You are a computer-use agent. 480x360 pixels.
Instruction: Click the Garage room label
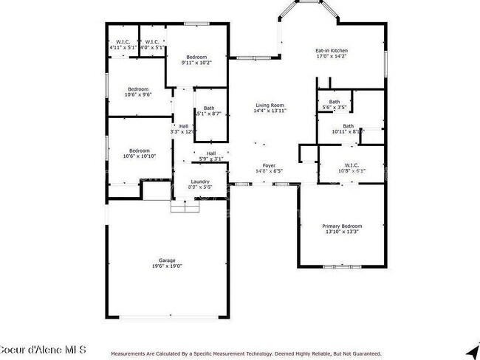point(167,260)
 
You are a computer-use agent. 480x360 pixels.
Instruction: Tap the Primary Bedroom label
point(341,226)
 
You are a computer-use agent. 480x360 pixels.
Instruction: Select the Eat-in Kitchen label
point(331,51)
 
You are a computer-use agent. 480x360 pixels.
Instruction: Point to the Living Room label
point(270,105)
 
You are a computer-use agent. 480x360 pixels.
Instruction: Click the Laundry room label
point(200,181)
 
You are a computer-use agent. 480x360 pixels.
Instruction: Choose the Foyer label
point(269,165)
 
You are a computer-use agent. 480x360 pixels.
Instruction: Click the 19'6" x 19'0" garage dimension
point(167,266)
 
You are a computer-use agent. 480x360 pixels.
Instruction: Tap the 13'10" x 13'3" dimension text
point(341,232)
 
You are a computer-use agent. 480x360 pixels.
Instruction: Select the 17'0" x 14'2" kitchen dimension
point(331,57)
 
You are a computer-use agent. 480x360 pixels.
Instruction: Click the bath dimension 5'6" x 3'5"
point(335,108)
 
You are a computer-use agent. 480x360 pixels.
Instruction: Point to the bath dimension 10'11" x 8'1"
point(347,132)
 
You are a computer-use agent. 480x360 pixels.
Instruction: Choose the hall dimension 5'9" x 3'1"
point(210,159)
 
